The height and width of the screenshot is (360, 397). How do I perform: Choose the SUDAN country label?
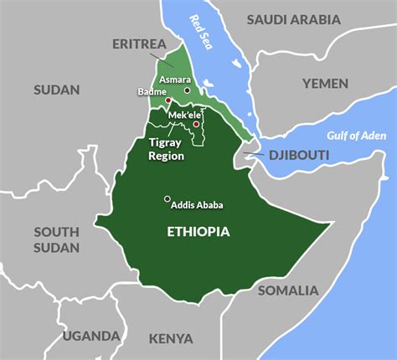(56, 90)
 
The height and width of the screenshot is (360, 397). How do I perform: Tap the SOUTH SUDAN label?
(56, 239)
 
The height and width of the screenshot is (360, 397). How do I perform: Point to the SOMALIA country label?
(287, 291)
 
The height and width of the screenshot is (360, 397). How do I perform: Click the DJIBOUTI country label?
(299, 156)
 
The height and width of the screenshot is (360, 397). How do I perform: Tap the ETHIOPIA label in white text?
(198, 231)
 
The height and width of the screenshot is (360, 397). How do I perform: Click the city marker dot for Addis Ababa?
(167, 198)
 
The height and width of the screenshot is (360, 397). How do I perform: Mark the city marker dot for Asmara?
(188, 90)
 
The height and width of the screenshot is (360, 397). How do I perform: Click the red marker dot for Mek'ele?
(196, 124)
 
